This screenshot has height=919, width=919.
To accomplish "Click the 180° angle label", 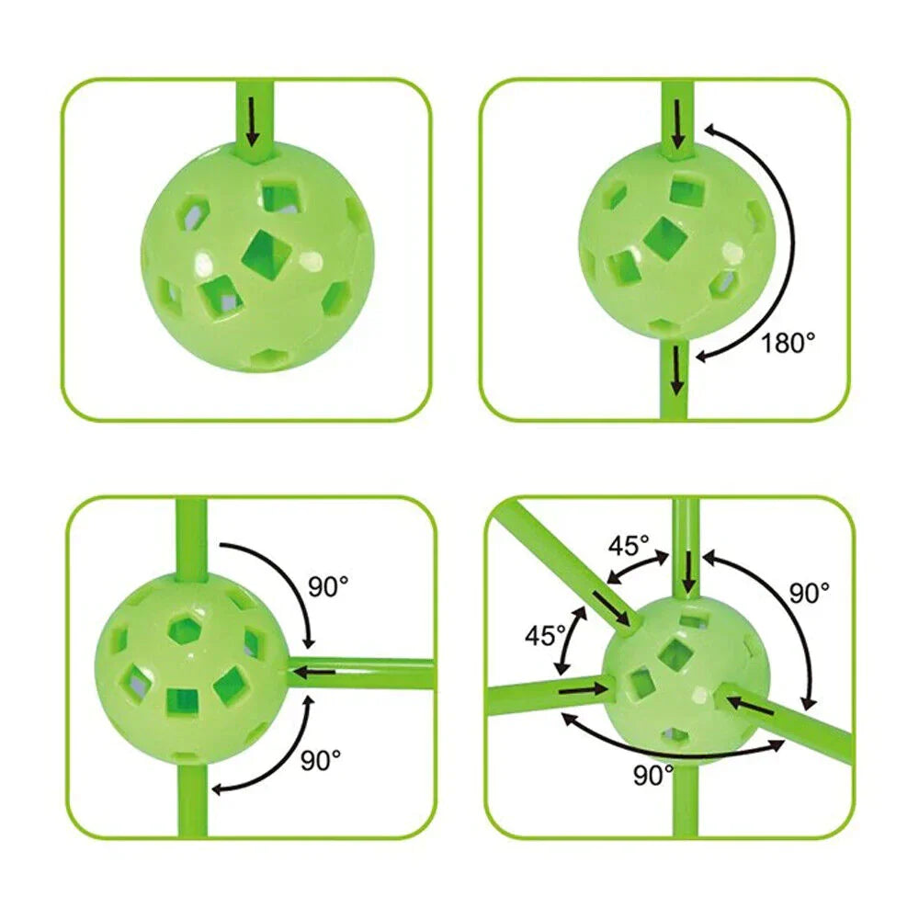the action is (x=788, y=342).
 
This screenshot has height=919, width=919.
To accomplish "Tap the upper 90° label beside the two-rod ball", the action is (x=328, y=586).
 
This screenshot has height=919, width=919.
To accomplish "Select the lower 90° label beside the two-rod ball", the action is (x=321, y=761).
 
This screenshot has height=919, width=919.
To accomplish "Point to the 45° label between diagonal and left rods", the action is (x=544, y=635).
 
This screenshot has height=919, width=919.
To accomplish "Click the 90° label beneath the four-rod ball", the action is (x=653, y=775).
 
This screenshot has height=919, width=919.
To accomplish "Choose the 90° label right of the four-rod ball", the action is (x=810, y=593).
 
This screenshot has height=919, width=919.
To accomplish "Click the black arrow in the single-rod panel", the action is (x=253, y=121).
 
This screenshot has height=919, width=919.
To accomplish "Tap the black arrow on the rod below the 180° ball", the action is (x=677, y=369).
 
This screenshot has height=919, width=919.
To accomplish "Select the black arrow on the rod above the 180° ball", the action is (x=678, y=124).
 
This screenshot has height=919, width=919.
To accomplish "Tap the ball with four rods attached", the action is (x=686, y=680).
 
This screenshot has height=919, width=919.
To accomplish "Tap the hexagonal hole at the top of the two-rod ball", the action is (x=187, y=631).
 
